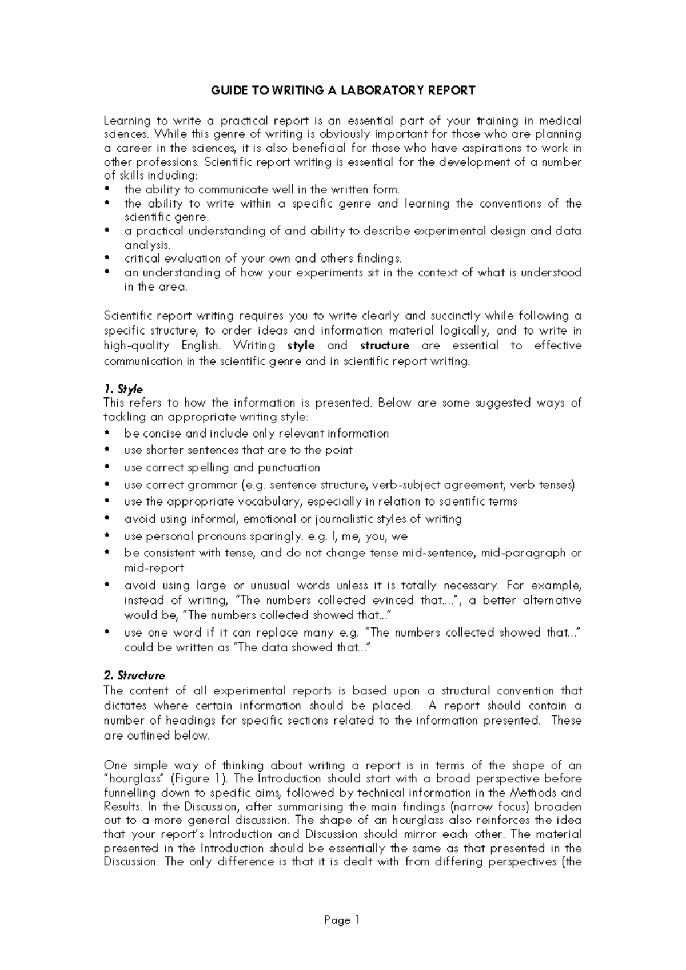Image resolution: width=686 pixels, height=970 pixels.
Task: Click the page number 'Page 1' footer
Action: point(342,920)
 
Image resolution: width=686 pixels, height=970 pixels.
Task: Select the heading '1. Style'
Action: point(123,389)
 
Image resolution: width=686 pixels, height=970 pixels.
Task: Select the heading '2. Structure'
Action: point(134,675)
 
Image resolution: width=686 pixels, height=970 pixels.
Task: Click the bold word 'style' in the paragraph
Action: point(301,345)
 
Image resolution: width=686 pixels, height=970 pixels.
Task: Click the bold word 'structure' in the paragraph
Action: point(385,345)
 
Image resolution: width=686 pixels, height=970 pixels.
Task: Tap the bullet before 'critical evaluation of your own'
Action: point(107,259)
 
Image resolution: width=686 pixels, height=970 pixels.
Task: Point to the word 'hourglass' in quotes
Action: point(135,779)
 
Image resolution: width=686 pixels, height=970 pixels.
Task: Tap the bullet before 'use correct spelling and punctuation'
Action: point(107,468)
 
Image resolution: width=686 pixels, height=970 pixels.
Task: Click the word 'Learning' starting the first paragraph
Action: point(127,121)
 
